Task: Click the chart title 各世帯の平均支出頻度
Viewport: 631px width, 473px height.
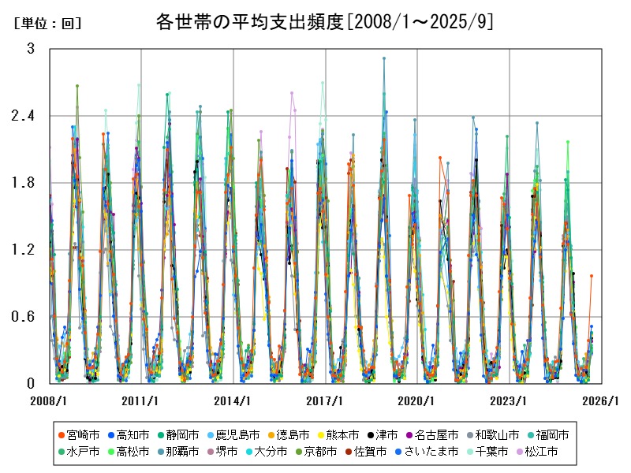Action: click(x=325, y=22)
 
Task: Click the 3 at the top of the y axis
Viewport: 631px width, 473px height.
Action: click(x=31, y=49)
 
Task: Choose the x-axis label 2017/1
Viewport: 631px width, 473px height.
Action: click(x=325, y=400)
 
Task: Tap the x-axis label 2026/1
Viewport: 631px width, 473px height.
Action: click(x=601, y=400)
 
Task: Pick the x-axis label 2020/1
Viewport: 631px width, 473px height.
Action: click(x=417, y=400)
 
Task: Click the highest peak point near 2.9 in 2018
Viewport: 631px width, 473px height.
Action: click(x=384, y=58)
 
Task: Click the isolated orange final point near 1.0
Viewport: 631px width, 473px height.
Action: click(x=591, y=276)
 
